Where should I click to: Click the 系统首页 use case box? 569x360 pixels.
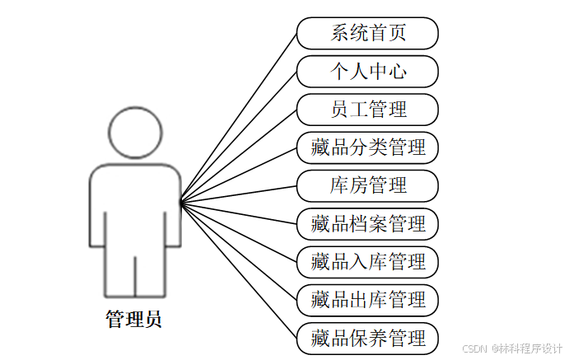pyautogui.click(x=367, y=34)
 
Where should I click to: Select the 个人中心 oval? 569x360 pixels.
pyautogui.click(x=367, y=72)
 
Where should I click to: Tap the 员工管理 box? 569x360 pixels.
pyautogui.click(x=367, y=110)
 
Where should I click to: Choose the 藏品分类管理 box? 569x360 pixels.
pyautogui.click(x=367, y=147)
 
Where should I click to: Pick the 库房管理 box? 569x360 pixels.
pyautogui.click(x=367, y=185)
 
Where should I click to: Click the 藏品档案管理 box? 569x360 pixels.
pyautogui.click(x=367, y=223)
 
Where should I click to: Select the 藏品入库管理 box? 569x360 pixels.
pyautogui.click(x=367, y=261)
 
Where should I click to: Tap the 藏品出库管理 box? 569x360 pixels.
pyautogui.click(x=367, y=299)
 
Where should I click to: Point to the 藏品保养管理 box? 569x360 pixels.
pyautogui.click(x=367, y=338)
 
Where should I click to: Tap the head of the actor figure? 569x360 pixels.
pyautogui.click(x=135, y=132)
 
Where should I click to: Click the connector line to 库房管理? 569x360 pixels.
pyautogui.click(x=239, y=194)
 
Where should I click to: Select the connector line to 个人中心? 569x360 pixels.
pyautogui.click(x=239, y=136)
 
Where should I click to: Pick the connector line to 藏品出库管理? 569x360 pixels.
pyautogui.click(x=239, y=251)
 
